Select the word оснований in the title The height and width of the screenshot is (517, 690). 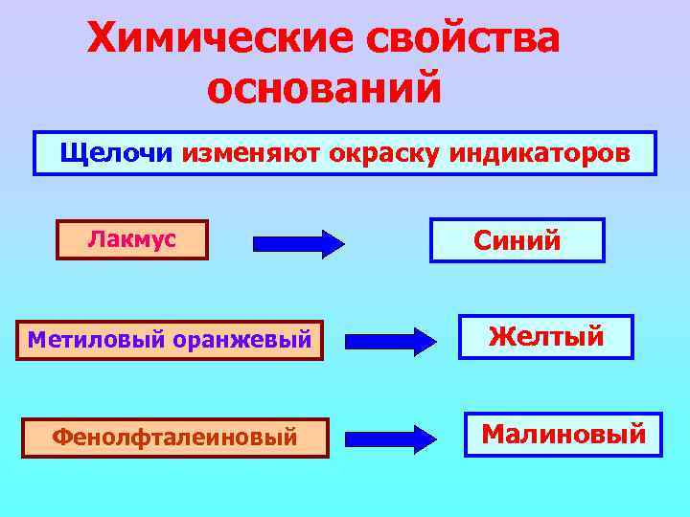(x=324, y=89)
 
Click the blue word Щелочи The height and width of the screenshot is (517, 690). (x=116, y=152)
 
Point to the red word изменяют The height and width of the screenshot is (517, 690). (x=240, y=153)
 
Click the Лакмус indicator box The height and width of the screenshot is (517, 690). (x=132, y=240)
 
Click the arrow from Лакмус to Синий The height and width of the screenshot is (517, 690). (x=298, y=243)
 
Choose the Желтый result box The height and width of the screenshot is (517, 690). (x=545, y=337)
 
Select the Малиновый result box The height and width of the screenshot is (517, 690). (x=563, y=434)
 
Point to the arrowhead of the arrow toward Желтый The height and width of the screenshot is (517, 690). (x=423, y=340)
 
